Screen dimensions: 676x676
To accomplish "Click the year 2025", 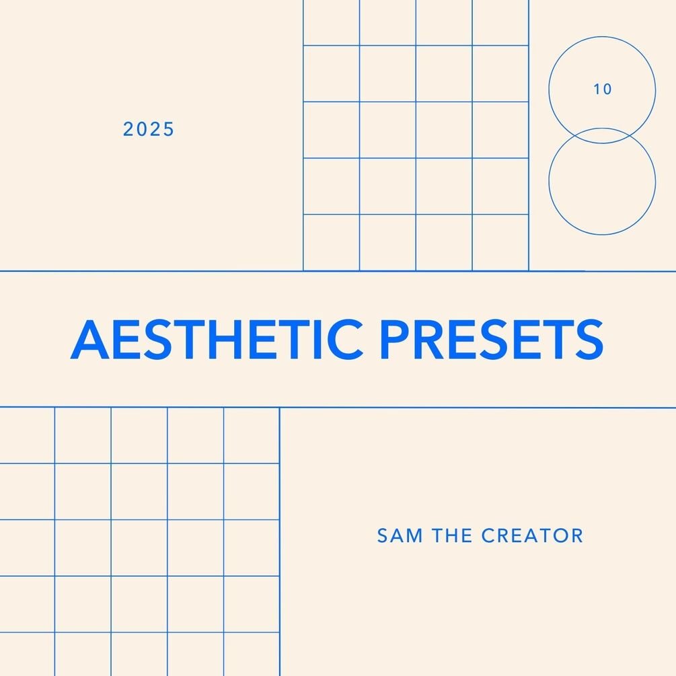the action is (x=148, y=129).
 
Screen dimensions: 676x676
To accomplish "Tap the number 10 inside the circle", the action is (x=602, y=89).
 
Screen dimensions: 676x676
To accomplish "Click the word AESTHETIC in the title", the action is (x=217, y=339).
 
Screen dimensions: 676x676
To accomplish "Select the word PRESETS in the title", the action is (x=492, y=339).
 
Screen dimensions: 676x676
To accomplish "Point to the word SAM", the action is (x=400, y=535).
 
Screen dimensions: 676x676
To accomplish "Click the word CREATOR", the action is (x=532, y=535).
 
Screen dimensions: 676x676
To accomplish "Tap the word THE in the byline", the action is (x=452, y=535).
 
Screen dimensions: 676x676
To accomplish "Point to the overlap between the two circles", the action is (x=602, y=135).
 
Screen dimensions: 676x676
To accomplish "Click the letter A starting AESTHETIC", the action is (x=89, y=339).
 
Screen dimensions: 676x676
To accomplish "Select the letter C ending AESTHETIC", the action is (x=345, y=339).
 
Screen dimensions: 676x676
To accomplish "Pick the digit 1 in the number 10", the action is (x=597, y=89).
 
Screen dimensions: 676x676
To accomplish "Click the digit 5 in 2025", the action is (x=168, y=129).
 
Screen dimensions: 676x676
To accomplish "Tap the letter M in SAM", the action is (x=414, y=535).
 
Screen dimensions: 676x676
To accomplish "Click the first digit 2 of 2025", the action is (x=128, y=129).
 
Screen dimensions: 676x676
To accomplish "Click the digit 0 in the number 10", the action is (x=607, y=89).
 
